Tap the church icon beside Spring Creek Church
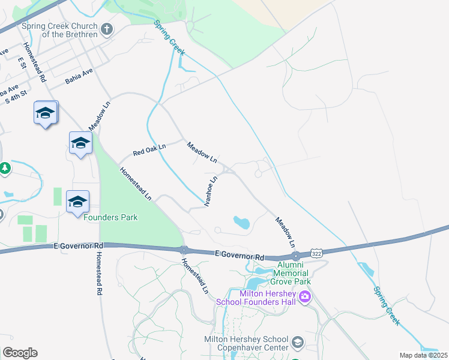pos(107,29)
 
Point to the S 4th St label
pos(16,98)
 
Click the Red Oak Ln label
pos(149,149)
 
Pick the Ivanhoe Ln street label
pos(211,191)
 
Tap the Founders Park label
pos(110,217)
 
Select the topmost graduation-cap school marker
pos(45,113)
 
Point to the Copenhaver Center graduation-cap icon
pos(297,343)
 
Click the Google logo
pos(20,353)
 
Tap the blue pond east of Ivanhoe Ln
pos(241,223)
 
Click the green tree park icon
pos(5,169)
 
